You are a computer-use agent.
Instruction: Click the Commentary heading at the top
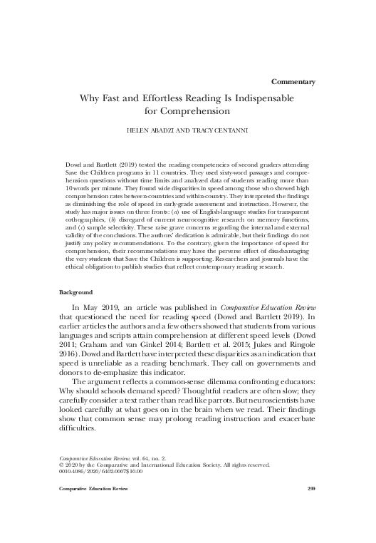pyautogui.click(x=294, y=82)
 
